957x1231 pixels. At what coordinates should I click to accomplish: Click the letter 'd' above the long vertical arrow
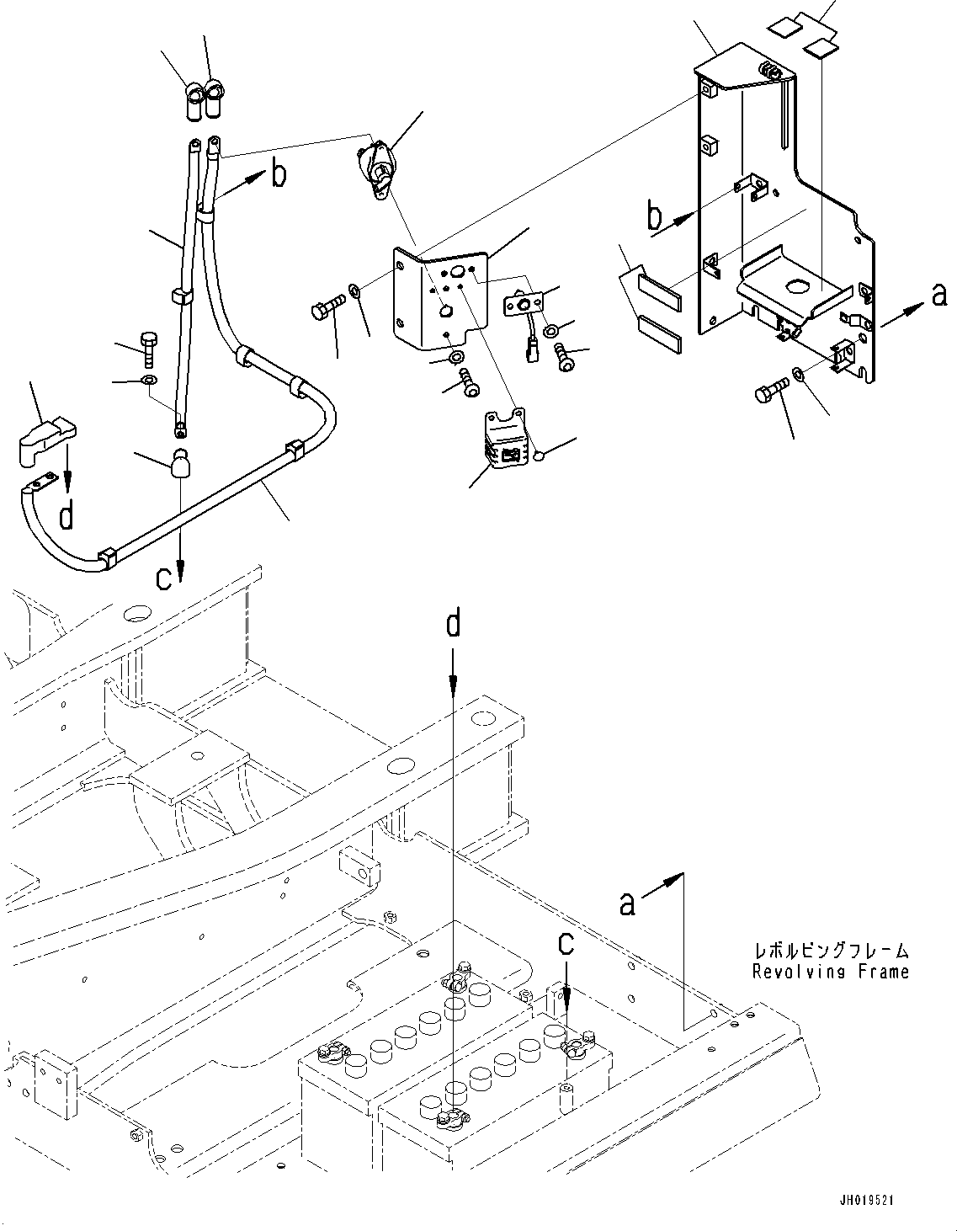[x=454, y=624]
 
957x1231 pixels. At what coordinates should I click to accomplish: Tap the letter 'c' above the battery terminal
[x=566, y=944]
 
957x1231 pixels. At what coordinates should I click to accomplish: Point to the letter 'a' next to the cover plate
[x=939, y=294]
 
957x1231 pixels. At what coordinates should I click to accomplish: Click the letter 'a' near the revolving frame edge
[x=627, y=903]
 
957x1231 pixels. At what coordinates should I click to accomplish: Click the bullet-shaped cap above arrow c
[x=182, y=464]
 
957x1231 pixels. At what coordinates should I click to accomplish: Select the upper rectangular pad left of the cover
[x=661, y=286]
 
